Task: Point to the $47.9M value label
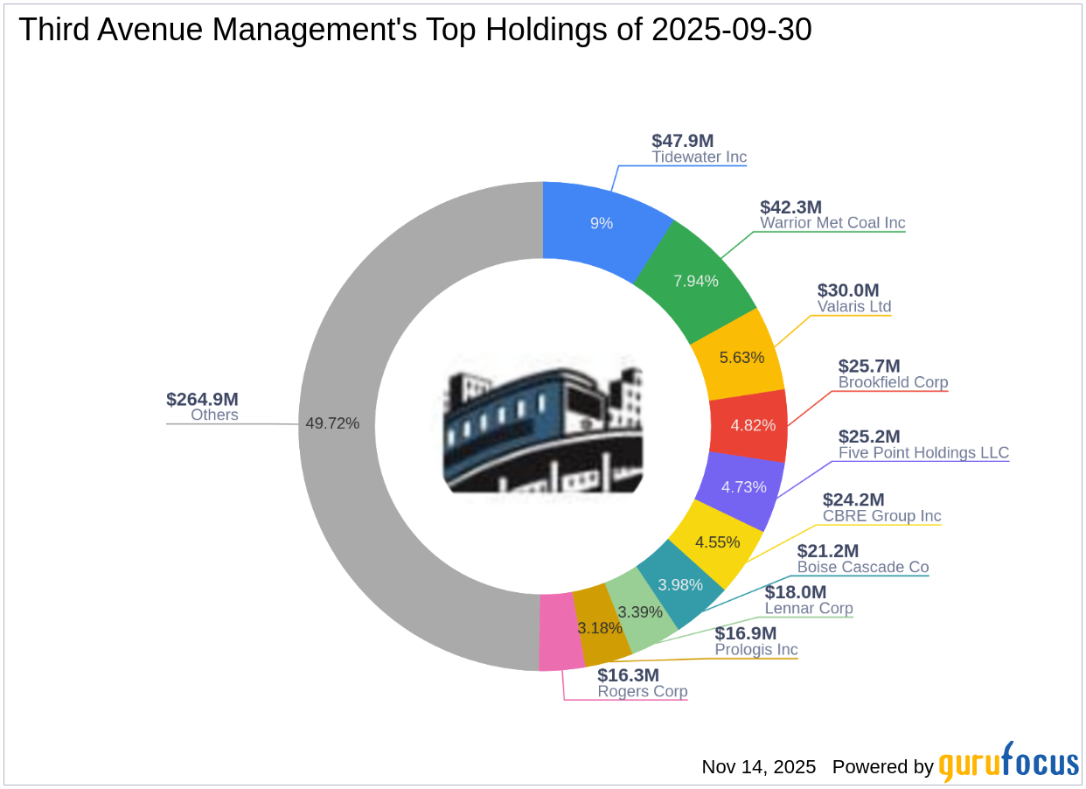(683, 140)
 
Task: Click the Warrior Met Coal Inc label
(832, 223)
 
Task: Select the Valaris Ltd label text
(854, 307)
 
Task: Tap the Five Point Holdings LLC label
(923, 453)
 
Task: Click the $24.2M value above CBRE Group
(853, 499)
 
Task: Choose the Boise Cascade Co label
(862, 567)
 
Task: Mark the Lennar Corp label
(809, 608)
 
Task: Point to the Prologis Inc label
(756, 650)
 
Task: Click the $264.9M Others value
(202, 399)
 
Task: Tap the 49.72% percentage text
(332, 423)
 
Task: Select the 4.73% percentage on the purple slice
(743, 487)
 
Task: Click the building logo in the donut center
(543, 425)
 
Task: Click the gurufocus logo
(1008, 763)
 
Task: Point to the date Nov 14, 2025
(758, 767)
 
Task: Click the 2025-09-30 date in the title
(731, 30)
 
